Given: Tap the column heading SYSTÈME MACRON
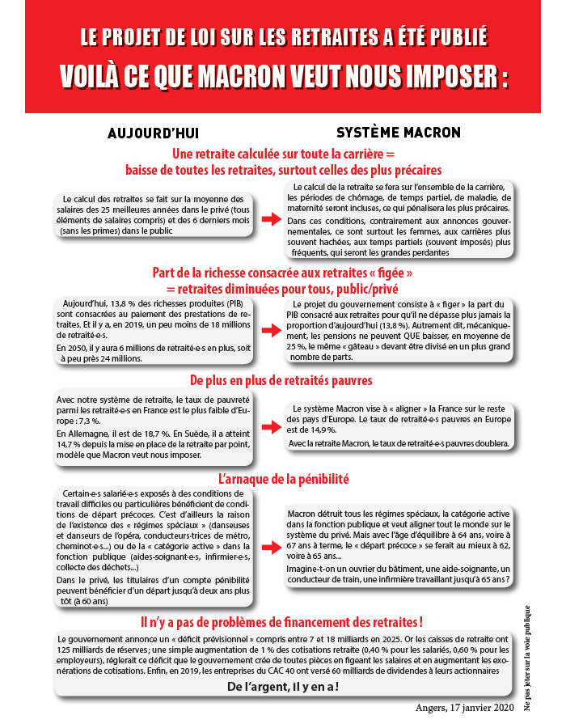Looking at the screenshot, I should (399, 132).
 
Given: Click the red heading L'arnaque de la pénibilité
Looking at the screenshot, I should (284, 479).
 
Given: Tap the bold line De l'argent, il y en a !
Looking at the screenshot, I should (283, 687).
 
